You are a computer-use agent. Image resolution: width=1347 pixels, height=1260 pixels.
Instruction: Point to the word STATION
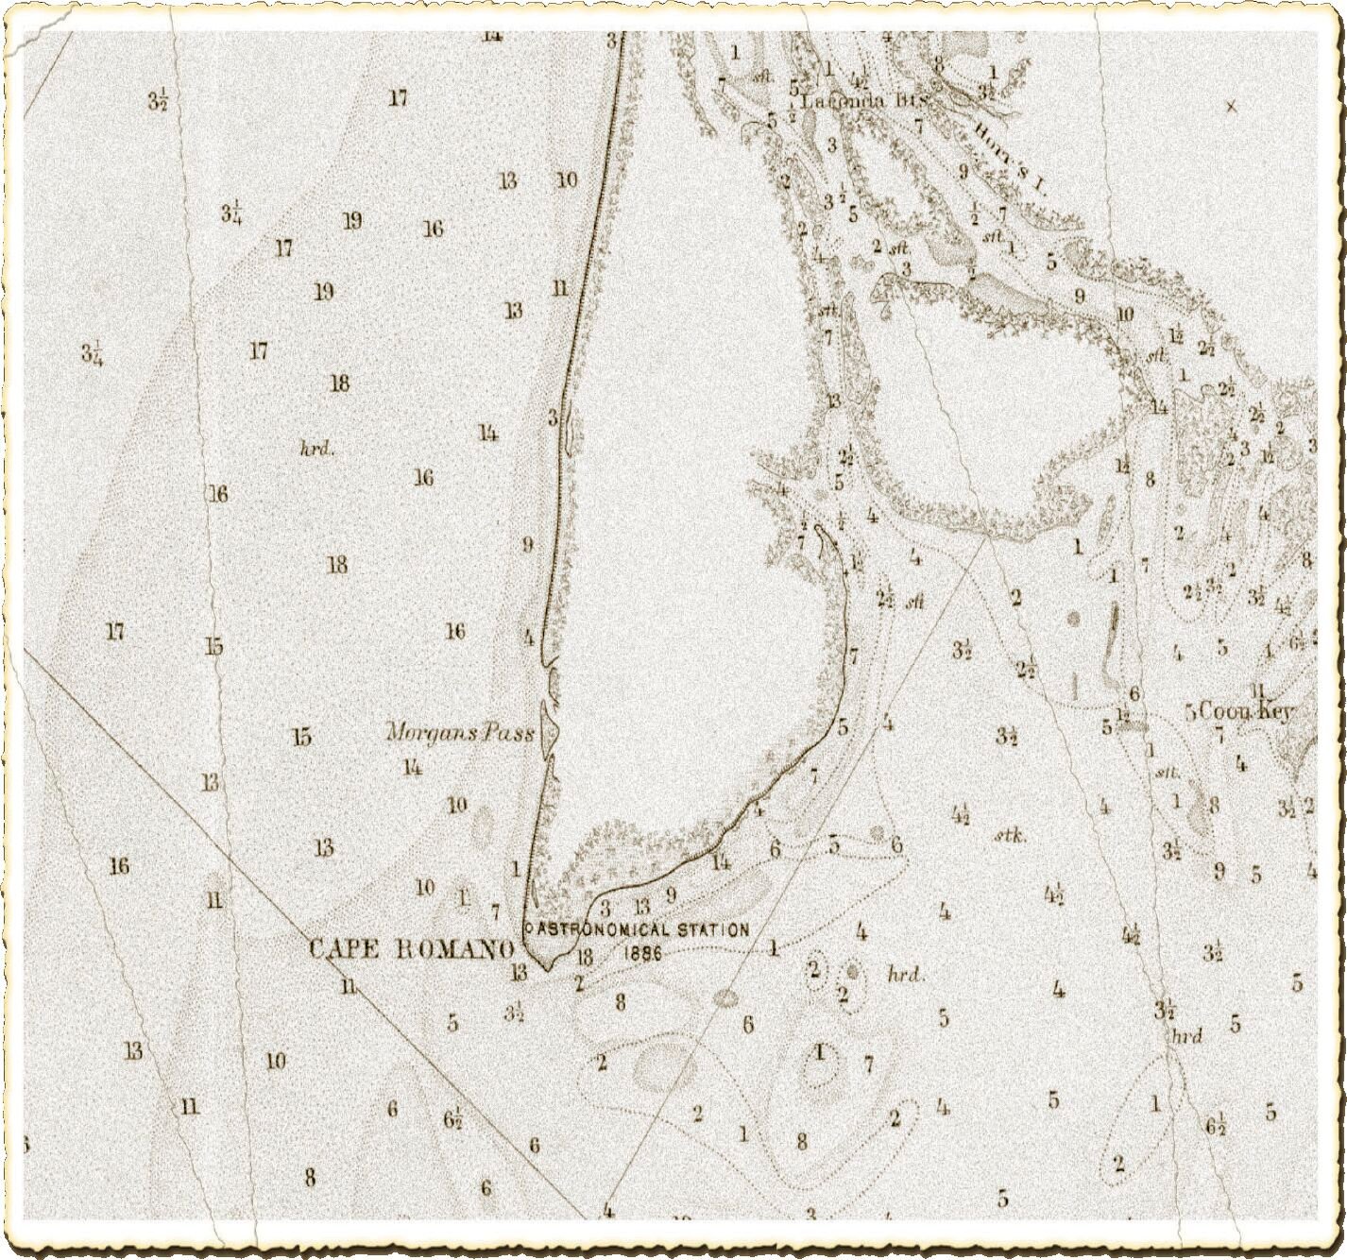tap(713, 929)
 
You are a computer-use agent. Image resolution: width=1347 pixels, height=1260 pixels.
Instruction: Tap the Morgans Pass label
tap(460, 732)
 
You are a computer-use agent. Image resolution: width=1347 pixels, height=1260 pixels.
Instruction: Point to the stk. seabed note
tap(1010, 836)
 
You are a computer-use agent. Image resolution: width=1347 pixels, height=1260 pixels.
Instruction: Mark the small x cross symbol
tap(1231, 107)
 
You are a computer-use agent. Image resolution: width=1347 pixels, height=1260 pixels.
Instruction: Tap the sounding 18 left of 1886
tap(584, 957)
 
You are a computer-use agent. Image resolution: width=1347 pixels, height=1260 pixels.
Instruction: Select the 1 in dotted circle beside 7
tap(820, 1052)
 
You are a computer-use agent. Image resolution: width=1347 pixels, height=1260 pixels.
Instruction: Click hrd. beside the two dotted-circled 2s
tap(905, 974)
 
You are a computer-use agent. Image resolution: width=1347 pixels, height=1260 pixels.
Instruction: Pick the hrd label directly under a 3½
tap(1186, 1036)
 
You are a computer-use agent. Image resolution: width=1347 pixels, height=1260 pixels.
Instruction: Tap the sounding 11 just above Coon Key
tap(1256, 690)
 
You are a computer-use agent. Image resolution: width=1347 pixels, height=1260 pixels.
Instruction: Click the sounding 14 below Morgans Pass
tap(412, 767)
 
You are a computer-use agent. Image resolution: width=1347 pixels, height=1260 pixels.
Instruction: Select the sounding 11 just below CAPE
tap(350, 986)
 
